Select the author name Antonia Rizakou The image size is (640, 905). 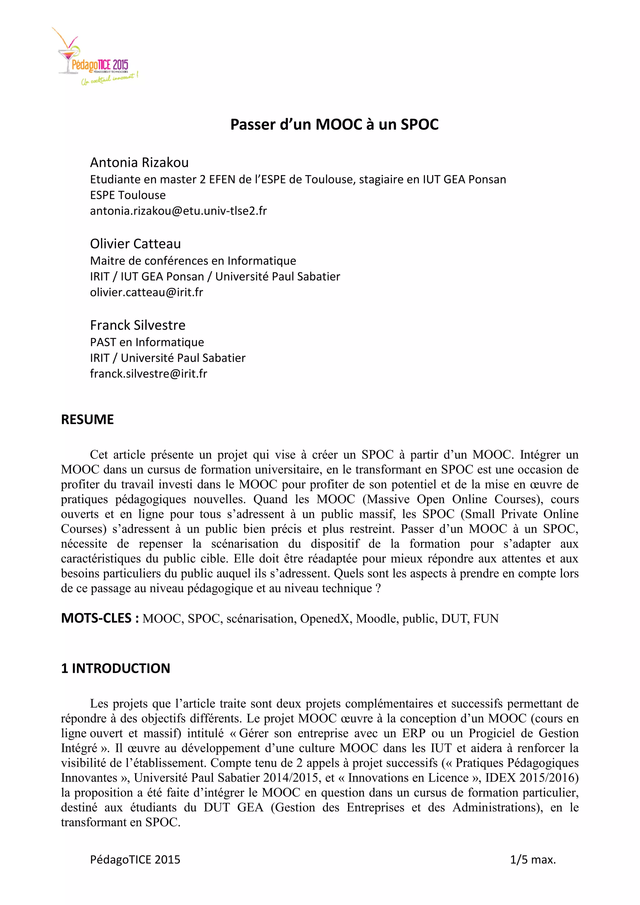coord(139,162)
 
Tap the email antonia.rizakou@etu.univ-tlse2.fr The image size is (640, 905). coord(178,211)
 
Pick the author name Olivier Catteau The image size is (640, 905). coord(135,244)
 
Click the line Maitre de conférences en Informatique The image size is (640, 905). coord(193,261)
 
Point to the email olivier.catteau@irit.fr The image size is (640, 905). coord(146,292)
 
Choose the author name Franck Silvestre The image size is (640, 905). coord(137,325)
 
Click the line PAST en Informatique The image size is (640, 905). coord(147,342)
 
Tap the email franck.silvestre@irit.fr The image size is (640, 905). coord(148,374)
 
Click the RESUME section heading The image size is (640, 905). coord(87,419)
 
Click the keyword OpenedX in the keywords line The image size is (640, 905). coord(325,619)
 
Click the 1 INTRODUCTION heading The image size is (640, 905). coord(115,668)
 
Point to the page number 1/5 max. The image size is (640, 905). coord(532,859)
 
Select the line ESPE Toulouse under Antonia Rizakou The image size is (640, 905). coord(128,195)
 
